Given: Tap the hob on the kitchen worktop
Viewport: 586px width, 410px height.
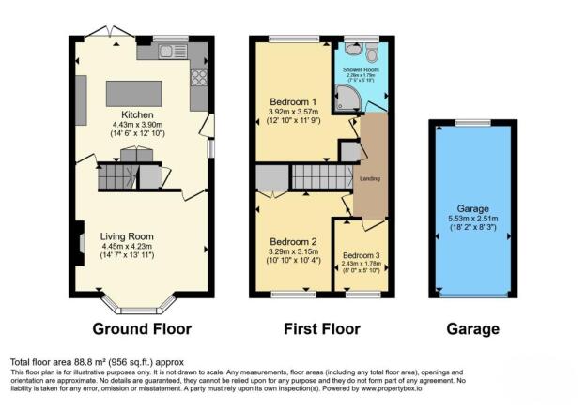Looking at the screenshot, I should pos(198,77).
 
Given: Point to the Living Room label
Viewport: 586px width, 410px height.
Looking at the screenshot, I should pos(128,236).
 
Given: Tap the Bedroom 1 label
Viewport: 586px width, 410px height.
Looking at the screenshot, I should pos(293,101).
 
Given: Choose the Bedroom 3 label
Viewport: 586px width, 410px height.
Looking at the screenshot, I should pos(362,255).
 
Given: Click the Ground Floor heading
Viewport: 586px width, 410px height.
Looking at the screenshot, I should pos(142,329).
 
